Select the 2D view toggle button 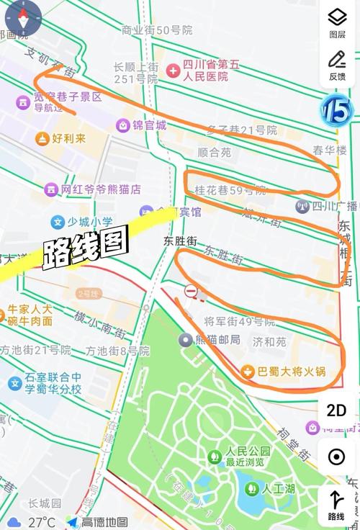[x=336, y=410]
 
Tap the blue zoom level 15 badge [x=336, y=110]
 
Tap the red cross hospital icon [x=174, y=71]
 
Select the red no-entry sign [x=191, y=291]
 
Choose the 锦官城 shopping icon [x=124, y=125]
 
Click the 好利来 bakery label [x=68, y=138]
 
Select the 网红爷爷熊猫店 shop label [x=101, y=189]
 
